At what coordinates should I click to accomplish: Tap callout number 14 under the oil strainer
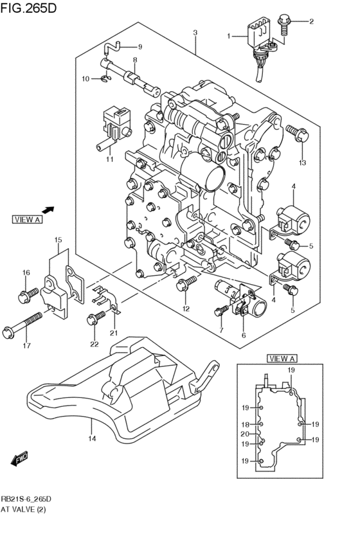click(91, 439)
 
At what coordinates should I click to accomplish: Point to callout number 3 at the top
click(195, 32)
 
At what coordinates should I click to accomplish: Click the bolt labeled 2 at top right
click(285, 23)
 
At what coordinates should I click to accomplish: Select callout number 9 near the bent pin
click(139, 46)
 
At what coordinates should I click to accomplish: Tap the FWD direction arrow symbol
click(19, 458)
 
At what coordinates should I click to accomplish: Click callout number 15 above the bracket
click(58, 240)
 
